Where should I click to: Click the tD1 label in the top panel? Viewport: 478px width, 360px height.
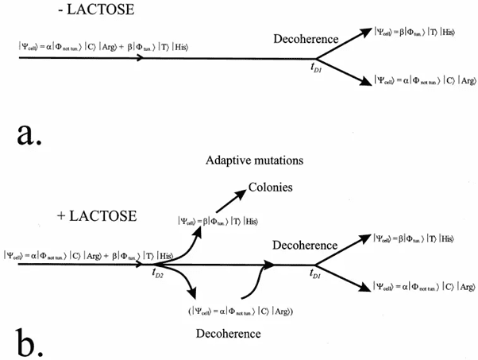[x=318, y=68]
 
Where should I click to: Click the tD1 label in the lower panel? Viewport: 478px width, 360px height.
[x=318, y=273]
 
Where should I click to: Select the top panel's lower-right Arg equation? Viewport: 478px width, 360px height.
[x=421, y=79]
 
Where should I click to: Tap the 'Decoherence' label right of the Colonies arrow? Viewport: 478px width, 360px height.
[x=304, y=246]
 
